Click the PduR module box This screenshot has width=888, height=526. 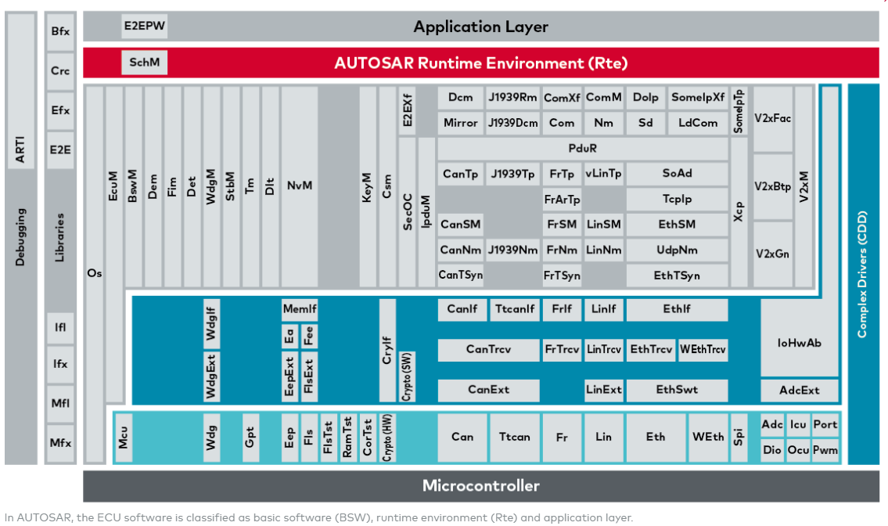583,148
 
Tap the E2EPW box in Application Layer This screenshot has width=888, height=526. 145,26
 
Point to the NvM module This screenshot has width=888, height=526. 299,186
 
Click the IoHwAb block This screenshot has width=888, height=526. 799,342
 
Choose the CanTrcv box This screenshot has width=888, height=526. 488,349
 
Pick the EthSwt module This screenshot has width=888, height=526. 677,389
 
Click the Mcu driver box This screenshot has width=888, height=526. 124,437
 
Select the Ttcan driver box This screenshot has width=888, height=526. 514,437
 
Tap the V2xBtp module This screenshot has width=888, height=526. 772,186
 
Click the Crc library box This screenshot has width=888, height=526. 60,70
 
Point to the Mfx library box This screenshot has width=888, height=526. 60,442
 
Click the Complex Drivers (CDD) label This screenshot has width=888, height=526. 862,274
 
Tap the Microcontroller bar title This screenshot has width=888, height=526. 480,485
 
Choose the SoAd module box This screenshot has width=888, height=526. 677,174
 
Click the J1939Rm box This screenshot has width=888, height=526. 512,98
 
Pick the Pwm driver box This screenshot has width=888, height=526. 825,450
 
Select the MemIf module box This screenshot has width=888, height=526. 300,309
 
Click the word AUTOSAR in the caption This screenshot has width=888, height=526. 39,517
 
